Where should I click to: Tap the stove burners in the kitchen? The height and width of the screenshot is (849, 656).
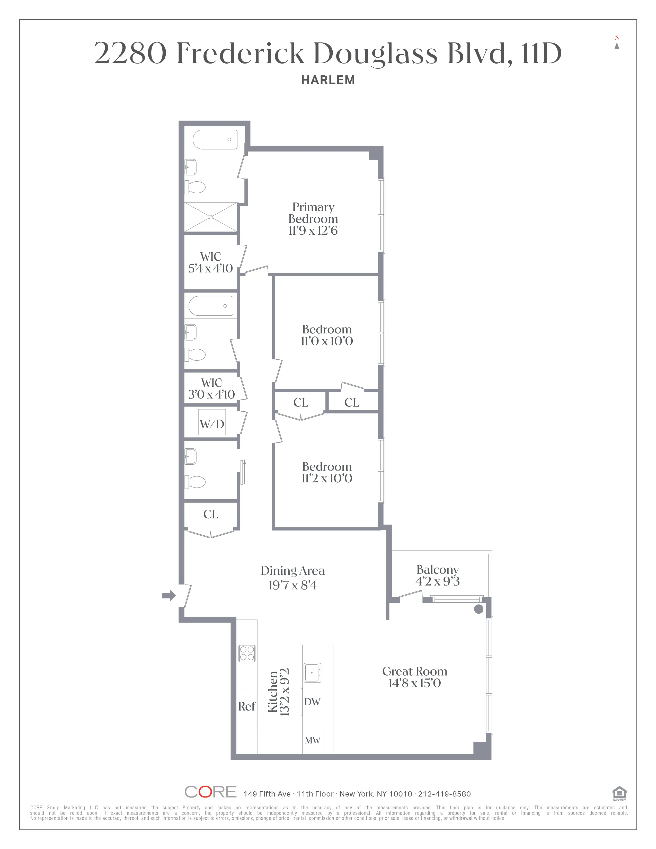(247, 653)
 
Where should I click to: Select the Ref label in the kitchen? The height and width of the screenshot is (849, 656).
(247, 706)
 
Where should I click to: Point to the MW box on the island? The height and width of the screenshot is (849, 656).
(313, 740)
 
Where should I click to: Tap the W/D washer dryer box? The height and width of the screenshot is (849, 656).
(212, 423)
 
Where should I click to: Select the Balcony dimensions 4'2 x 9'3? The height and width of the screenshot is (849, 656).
(438, 581)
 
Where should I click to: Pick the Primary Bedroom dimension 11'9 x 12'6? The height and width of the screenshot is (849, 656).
(313, 231)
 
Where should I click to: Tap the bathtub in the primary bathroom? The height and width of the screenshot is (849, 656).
(215, 139)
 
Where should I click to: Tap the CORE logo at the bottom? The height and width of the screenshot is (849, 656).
(210, 792)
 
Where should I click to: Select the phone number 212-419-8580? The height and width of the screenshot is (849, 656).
(444, 794)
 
